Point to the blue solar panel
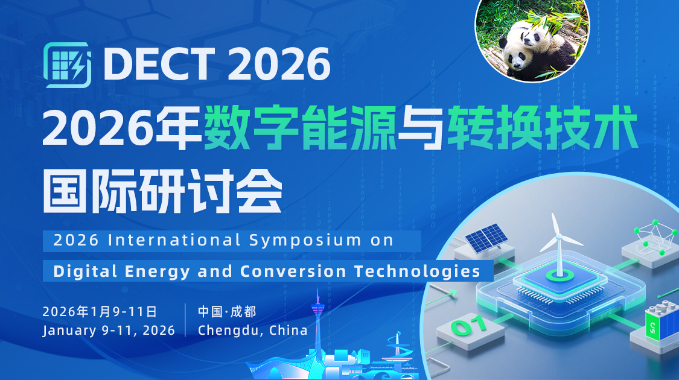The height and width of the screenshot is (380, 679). [485, 238]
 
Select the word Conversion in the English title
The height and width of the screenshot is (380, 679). [293, 271]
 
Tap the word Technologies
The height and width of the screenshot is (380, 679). [417, 271]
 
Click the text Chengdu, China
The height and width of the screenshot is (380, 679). [252, 331]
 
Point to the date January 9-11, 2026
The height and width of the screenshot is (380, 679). [109, 331]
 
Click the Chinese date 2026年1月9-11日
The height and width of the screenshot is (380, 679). [100, 312]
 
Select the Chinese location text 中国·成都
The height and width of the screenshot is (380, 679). [227, 312]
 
